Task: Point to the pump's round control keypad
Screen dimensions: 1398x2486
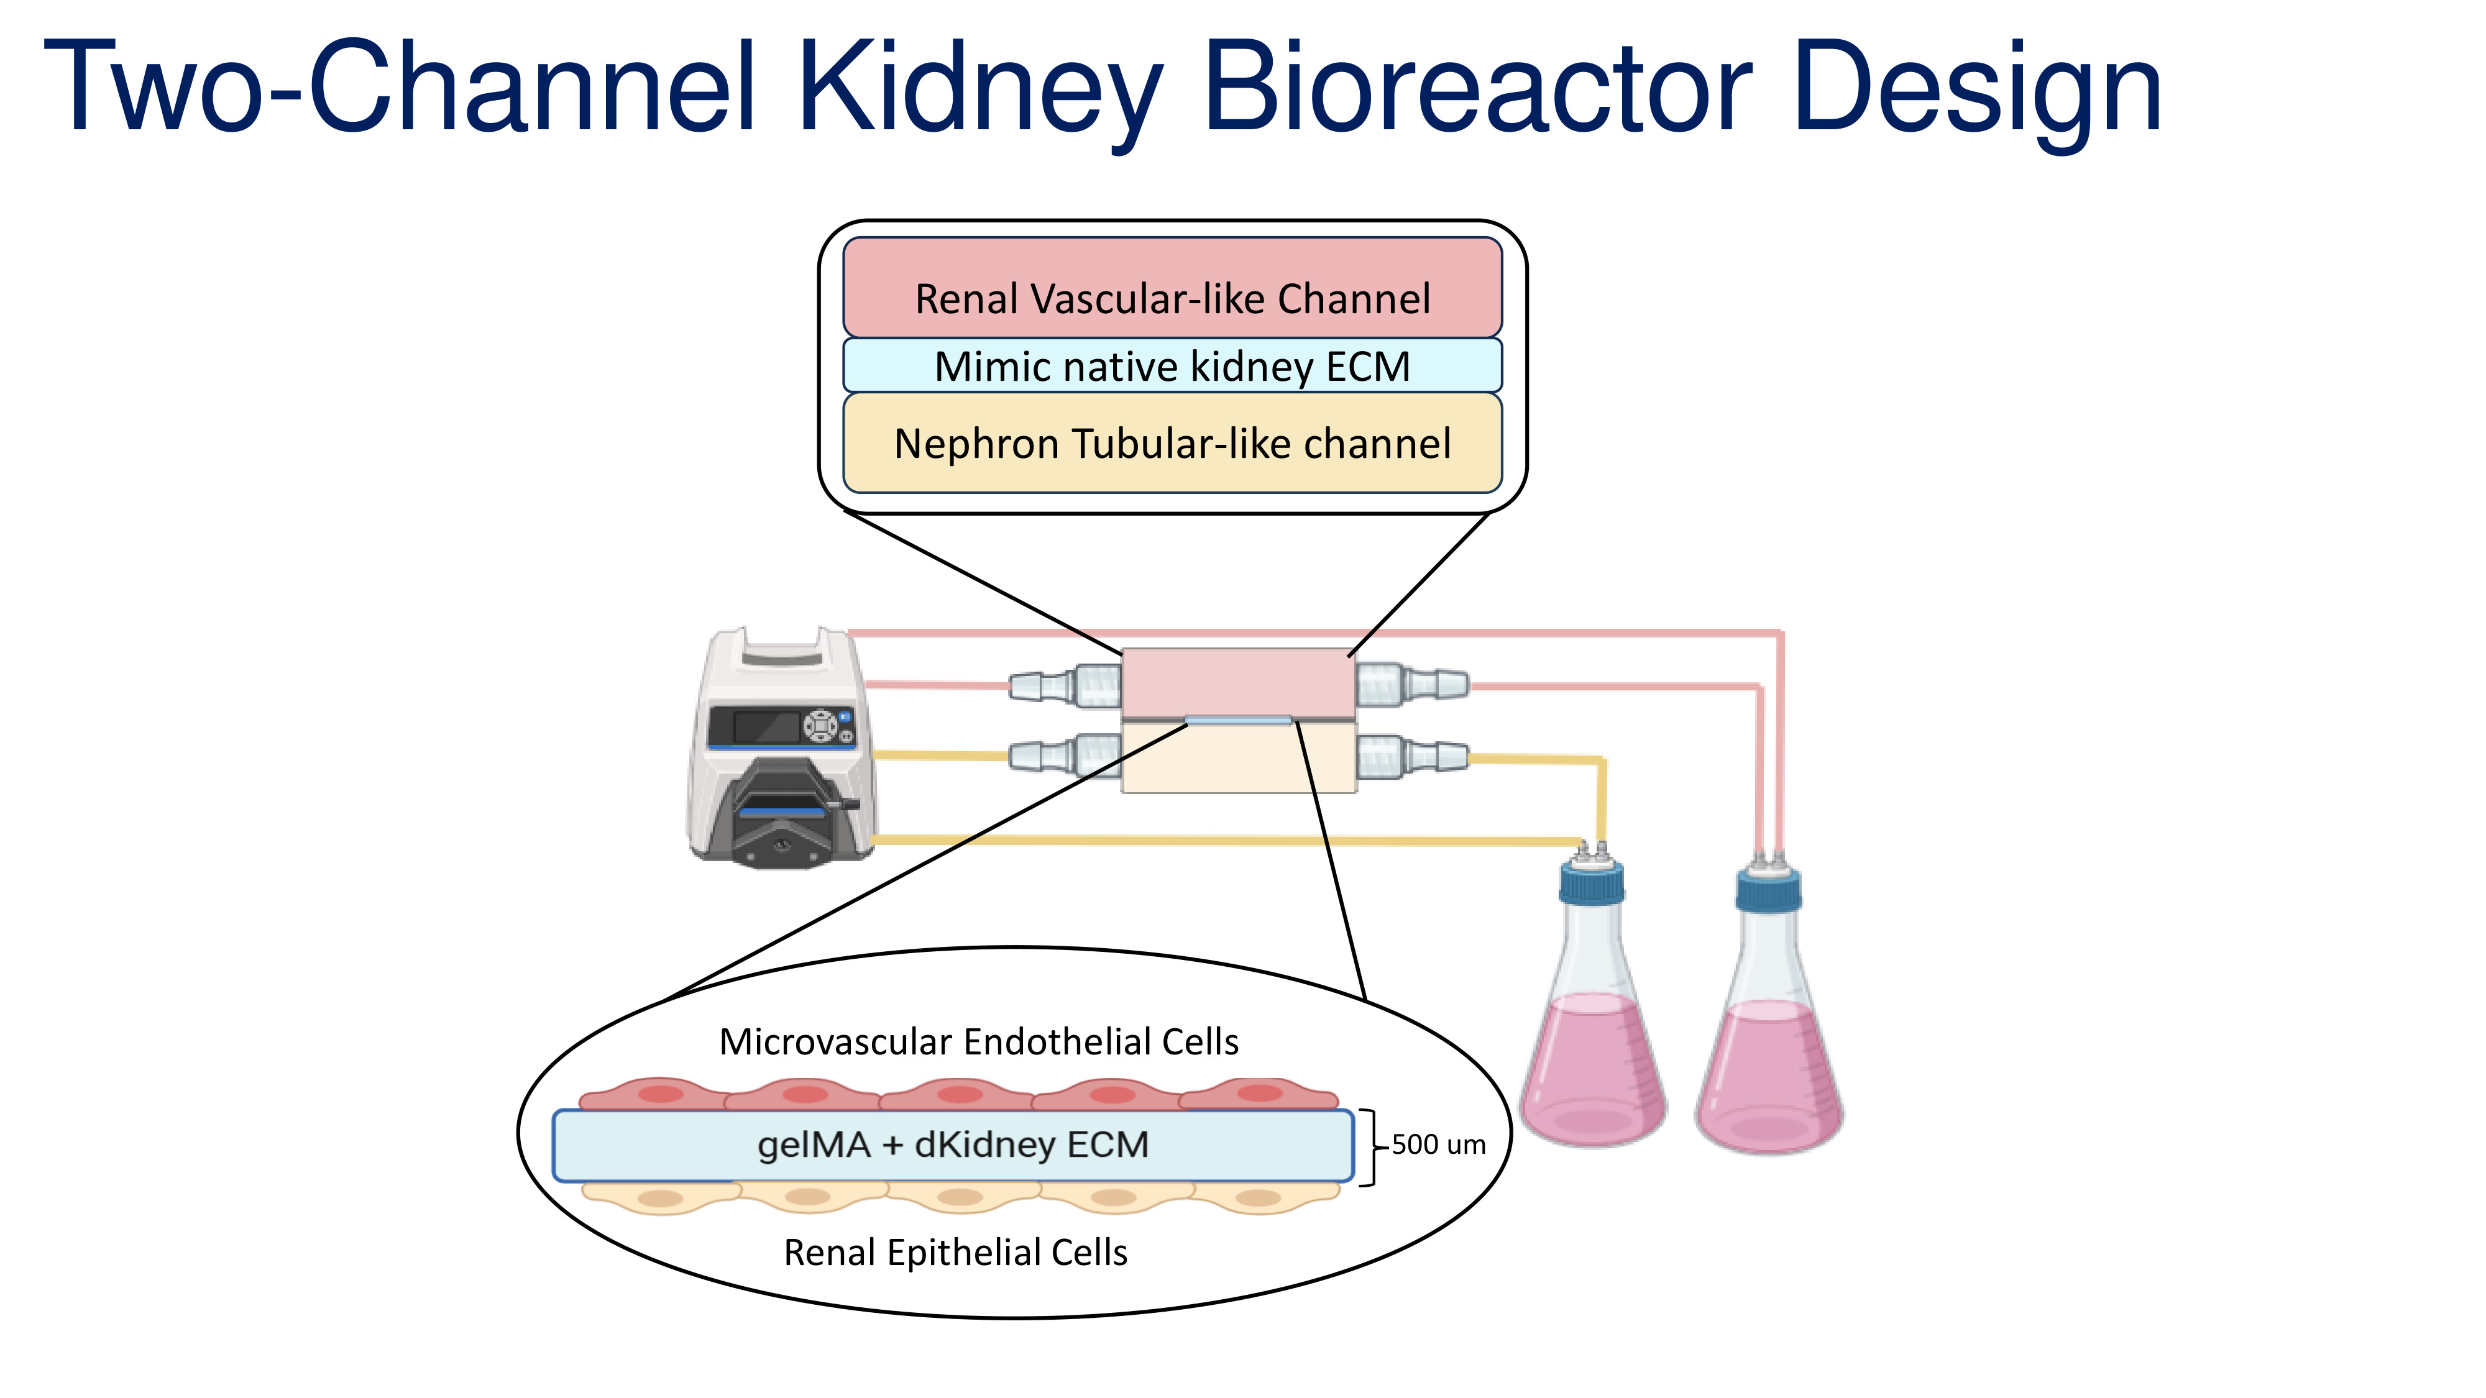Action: pyautogui.click(x=820, y=724)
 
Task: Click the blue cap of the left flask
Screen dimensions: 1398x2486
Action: pyautogui.click(x=1592, y=883)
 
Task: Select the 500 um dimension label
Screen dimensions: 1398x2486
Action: pyautogui.click(x=1438, y=1144)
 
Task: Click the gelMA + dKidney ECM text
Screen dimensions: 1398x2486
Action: pyautogui.click(x=953, y=1145)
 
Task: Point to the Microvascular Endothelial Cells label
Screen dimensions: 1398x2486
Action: pyautogui.click(x=979, y=1042)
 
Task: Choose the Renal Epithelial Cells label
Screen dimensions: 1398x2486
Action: pyautogui.click(x=955, y=1253)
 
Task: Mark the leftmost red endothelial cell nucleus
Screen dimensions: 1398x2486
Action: pyautogui.click(x=660, y=1094)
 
